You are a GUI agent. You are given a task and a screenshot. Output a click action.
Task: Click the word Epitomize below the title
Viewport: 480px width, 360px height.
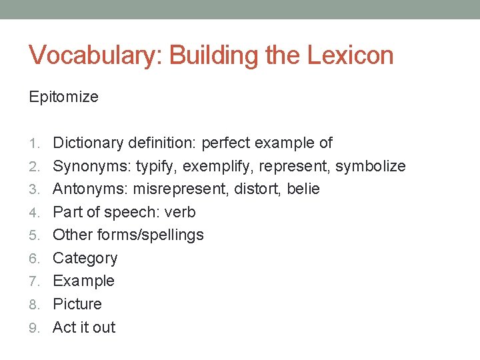pos(63,97)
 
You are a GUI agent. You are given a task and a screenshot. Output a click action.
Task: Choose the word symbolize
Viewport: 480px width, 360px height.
pos(370,166)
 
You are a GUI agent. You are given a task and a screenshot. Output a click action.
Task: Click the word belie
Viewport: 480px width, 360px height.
pos(303,189)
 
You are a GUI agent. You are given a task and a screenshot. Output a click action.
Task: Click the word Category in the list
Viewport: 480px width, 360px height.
pos(85,259)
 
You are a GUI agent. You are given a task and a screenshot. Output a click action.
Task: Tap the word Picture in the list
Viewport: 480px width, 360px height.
pos(77,304)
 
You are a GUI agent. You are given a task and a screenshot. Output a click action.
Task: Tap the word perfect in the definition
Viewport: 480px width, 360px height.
pos(225,143)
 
